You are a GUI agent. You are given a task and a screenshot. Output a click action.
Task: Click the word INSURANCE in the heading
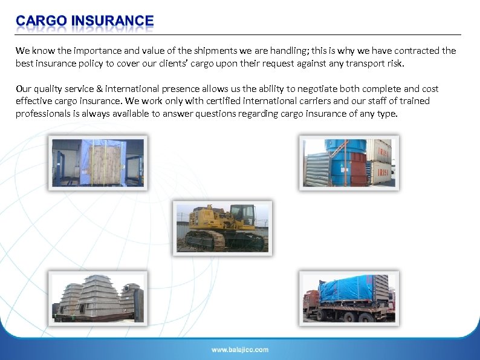(112, 22)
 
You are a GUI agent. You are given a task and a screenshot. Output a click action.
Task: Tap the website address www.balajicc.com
(240, 350)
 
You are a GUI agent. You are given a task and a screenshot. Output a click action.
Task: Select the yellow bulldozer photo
(222, 227)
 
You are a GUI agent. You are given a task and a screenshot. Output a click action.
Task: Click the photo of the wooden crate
(97, 162)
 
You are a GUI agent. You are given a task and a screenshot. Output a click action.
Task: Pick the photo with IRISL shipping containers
(349, 162)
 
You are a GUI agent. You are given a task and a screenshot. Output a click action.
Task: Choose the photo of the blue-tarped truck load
(349, 297)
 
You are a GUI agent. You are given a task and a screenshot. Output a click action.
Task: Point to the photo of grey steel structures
(97, 297)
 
